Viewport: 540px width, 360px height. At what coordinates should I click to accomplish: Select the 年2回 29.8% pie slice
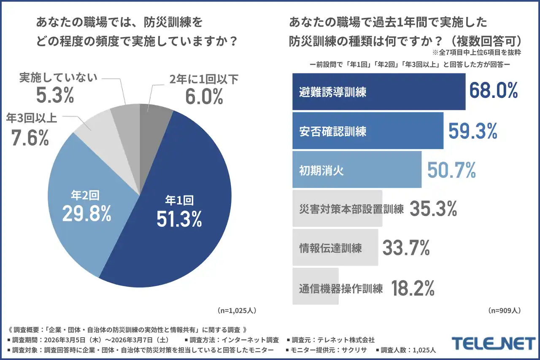pyautogui.click(x=84, y=203)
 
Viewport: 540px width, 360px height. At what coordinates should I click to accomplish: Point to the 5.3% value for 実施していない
pyautogui.click(x=55, y=96)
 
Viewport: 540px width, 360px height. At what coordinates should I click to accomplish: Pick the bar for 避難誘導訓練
pyautogui.click(x=378, y=92)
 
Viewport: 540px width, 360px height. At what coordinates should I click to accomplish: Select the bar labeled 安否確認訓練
pyautogui.click(x=367, y=130)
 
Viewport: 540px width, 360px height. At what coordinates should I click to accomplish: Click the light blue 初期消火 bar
pyautogui.click(x=356, y=169)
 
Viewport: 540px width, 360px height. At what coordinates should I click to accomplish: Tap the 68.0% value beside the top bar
pyautogui.click(x=493, y=91)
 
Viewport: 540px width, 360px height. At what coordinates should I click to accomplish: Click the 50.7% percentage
pyautogui.click(x=451, y=170)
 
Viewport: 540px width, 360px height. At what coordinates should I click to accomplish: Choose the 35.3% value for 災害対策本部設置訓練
pyautogui.click(x=433, y=208)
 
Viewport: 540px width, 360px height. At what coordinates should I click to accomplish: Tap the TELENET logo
pyautogui.click(x=493, y=343)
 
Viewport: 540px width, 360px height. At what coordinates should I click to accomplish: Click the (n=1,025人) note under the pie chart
pyautogui.click(x=237, y=311)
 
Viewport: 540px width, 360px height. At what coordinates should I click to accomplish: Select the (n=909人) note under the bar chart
pyautogui.click(x=504, y=311)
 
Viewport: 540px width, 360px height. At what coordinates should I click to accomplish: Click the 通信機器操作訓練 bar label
pyautogui.click(x=341, y=288)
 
